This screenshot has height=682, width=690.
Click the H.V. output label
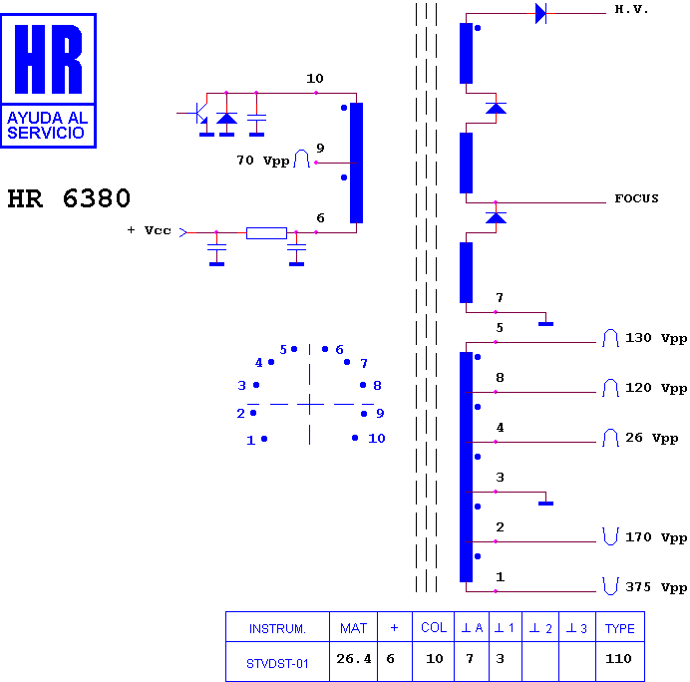coord(631,9)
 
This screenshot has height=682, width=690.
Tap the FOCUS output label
coord(636,198)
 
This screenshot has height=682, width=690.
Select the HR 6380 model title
coord(69,198)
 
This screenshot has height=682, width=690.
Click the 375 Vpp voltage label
coord(656,587)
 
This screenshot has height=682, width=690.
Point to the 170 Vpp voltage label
coord(656,537)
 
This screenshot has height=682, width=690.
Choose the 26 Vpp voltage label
coord(652,438)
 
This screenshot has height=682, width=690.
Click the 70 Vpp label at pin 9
coord(263,161)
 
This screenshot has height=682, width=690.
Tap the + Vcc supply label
coord(150,230)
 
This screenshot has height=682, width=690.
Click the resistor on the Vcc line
coord(266,233)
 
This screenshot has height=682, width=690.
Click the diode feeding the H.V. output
coord(540,13)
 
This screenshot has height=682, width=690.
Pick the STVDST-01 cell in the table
coord(277,663)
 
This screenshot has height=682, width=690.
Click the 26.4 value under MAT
coord(354,659)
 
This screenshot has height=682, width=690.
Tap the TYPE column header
coord(619,629)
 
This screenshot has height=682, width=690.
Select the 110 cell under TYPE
coord(618,659)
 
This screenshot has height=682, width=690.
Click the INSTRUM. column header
coord(277,629)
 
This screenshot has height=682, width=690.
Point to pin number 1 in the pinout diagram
coord(251,440)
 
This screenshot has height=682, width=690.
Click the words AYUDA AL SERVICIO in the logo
coord(48,125)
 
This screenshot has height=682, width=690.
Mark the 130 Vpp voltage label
coord(656,338)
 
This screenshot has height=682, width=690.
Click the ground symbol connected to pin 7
coord(545,324)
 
